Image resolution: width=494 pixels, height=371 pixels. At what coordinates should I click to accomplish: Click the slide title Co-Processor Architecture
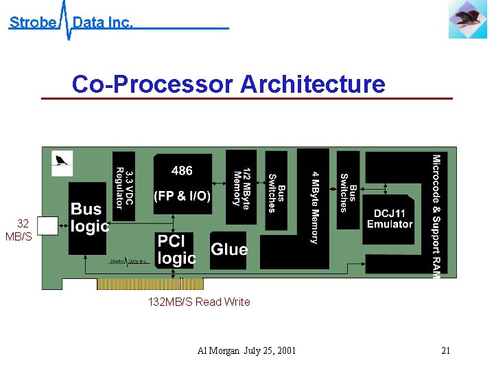pos(228,85)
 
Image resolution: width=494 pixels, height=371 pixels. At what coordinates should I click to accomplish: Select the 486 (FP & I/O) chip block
pos(182,183)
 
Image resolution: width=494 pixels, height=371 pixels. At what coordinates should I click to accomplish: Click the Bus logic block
pos(89,217)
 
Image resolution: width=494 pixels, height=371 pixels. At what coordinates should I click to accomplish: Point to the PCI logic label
pos(176,249)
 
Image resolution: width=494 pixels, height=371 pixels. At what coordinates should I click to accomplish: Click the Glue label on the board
pos(228,249)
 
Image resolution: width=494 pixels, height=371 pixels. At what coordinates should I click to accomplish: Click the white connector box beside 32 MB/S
pos(47,227)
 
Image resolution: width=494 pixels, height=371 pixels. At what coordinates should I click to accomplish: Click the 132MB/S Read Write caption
pos(199,302)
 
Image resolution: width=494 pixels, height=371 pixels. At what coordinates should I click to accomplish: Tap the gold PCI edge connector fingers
pos(150,283)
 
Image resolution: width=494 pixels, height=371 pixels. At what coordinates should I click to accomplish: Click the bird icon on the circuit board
pos(62,162)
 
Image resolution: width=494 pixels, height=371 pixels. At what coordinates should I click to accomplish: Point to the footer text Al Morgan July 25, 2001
pos(246,351)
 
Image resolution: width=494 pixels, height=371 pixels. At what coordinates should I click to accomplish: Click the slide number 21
pos(446,351)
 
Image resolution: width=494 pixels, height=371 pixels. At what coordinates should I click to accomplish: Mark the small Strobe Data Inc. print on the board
pos(130,262)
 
